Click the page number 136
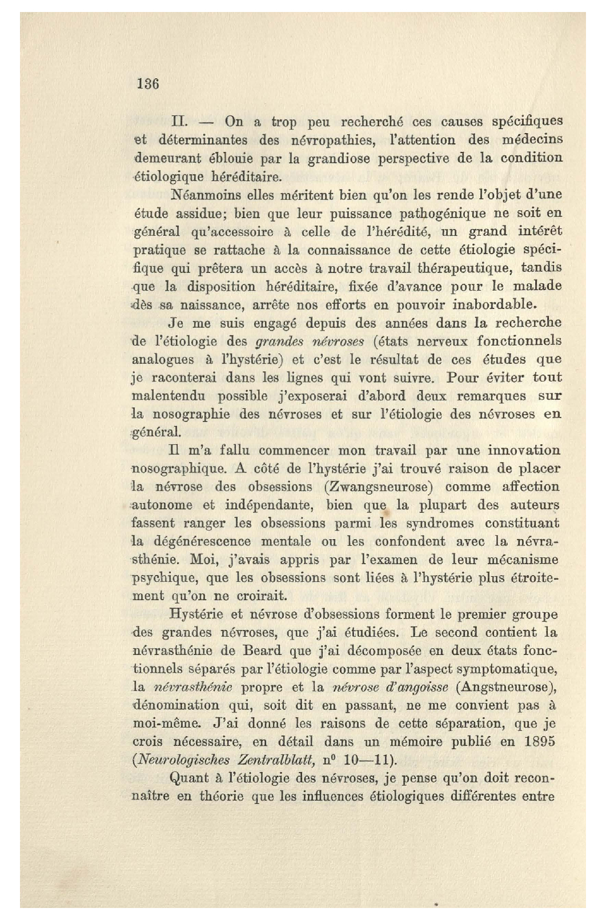[x=147, y=84]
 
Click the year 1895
[x=540, y=742]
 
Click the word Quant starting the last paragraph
[x=190, y=778]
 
